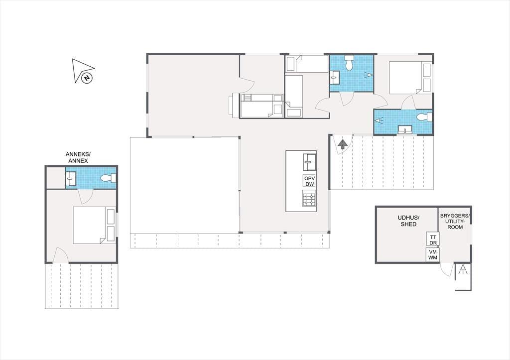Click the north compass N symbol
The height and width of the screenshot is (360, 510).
pos(87,78)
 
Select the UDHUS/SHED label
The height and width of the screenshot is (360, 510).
pos(408,221)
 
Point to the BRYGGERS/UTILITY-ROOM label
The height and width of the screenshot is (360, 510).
pos(455,221)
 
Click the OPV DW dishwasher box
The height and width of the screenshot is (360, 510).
pos(310,181)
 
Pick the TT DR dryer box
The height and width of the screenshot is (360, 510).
pos(433,240)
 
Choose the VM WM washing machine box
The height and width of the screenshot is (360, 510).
pos(433,254)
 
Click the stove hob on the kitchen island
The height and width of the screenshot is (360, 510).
pos(309,200)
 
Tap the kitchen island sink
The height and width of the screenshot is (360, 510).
pos(310,162)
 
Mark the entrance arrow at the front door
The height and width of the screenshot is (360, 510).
pos(342,144)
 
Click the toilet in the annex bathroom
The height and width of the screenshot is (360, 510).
pos(108,178)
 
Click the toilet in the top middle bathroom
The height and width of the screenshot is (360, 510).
pos(349,63)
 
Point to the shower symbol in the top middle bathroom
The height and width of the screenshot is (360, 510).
pos(369,75)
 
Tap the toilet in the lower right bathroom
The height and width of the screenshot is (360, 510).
pos(424,117)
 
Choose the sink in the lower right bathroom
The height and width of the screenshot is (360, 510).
pos(405,130)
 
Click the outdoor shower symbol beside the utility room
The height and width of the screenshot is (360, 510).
pos(463,270)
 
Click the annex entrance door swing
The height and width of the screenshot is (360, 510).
pos(60,255)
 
